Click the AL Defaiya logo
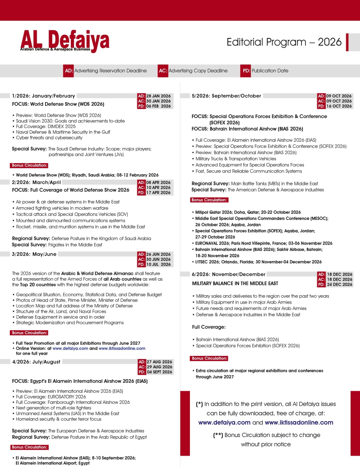coord(65,41)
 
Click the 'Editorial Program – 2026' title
coord(284,42)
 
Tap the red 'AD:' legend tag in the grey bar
coord(68,71)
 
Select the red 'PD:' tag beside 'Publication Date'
coord(246,71)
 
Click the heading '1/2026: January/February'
coord(44,96)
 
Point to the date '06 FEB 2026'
coord(159,106)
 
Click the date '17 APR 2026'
coord(159,193)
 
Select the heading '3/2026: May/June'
coord(34,254)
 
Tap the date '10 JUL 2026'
coord(159,264)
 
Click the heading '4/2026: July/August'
coord(36,362)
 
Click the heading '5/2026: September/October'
coord(226,96)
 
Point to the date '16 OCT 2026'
coord(339,106)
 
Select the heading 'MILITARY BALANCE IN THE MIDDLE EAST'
coord(235,283)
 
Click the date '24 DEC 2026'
coord(339,285)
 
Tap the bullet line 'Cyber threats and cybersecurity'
coord(49,138)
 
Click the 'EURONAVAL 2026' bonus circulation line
coord(264,243)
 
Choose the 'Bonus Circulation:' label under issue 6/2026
coord(209,358)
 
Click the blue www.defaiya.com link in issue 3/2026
coord(70,348)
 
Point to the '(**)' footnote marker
coord(218,435)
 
